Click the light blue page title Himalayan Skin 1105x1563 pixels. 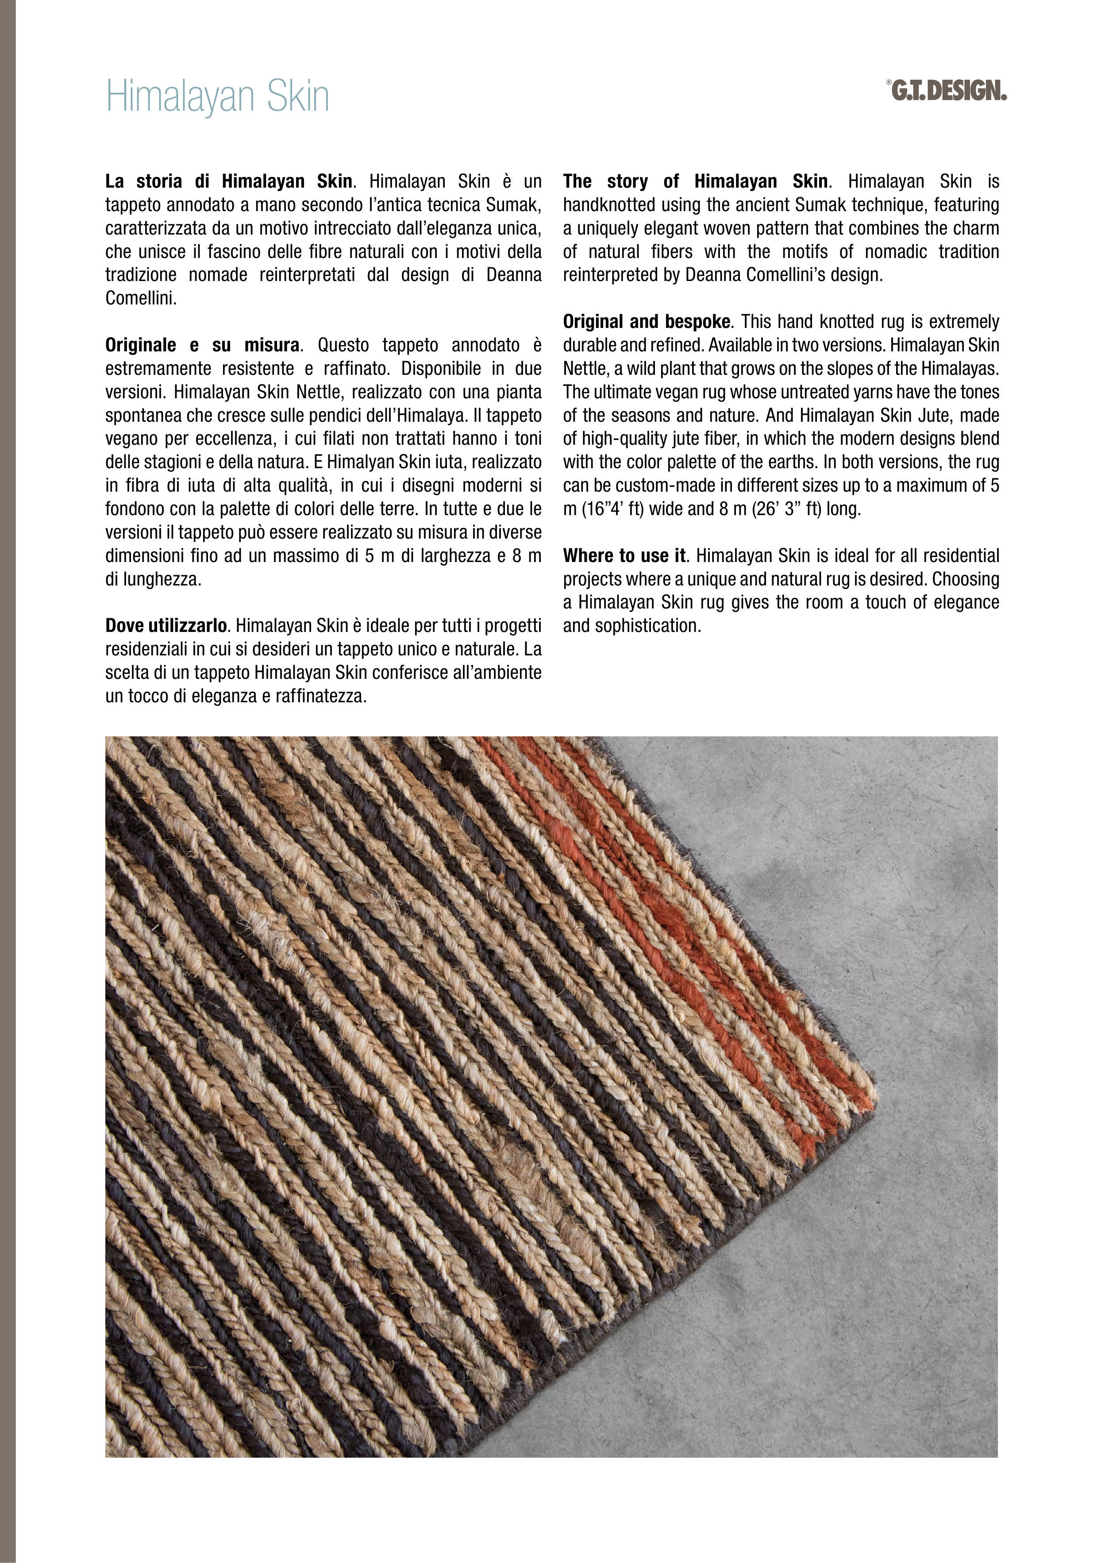pyautogui.click(x=217, y=96)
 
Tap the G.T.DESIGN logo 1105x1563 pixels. pyautogui.click(x=948, y=91)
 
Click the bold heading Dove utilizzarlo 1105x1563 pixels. pyautogui.click(x=166, y=626)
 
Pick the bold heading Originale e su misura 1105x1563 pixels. pyautogui.click(x=201, y=345)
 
